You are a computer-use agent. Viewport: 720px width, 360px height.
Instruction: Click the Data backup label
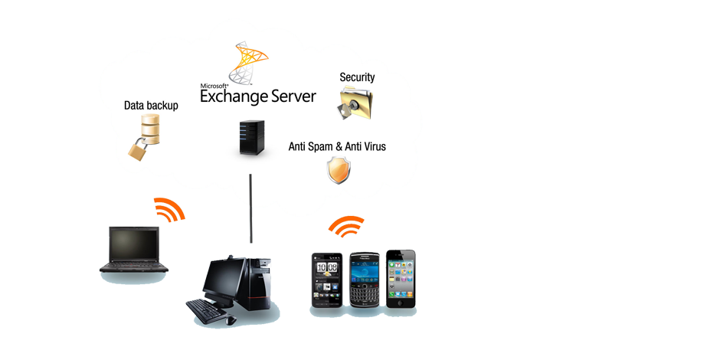[151, 106]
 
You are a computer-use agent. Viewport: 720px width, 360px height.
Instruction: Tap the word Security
[357, 77]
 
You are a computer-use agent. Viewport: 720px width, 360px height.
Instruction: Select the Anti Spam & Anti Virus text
[336, 146]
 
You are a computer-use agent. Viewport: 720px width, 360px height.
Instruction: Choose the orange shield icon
[338, 170]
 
